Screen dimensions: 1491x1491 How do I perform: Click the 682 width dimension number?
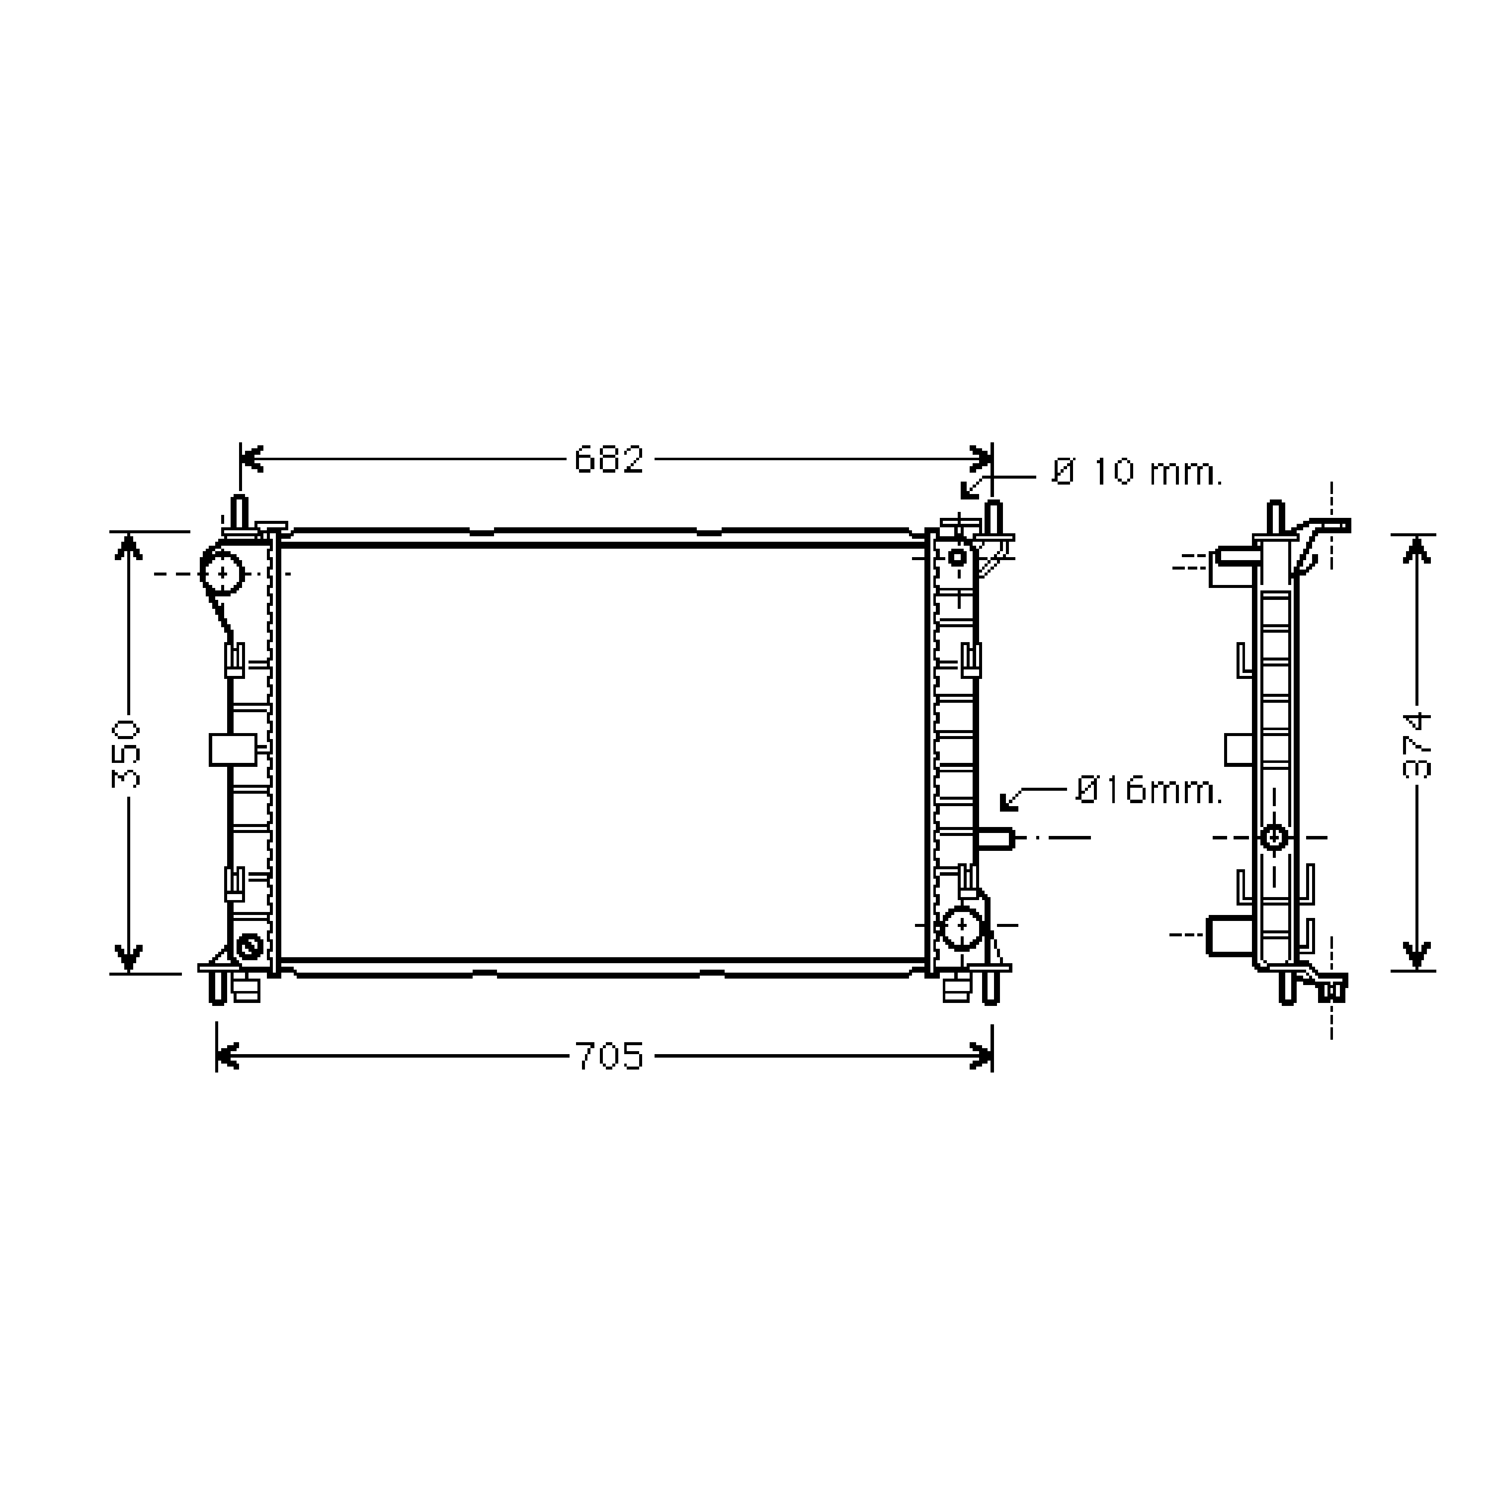609,460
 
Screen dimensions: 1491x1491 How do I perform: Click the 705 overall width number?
609,1057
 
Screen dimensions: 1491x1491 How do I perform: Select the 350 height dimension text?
126,753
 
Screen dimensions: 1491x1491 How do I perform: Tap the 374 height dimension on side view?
1417,746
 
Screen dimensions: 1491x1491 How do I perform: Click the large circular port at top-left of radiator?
222,573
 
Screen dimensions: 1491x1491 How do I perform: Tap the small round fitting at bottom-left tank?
249,945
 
